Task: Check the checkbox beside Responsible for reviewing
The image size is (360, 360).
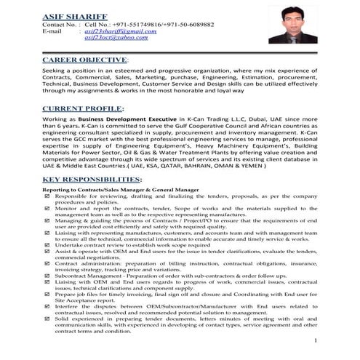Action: click(x=48, y=197)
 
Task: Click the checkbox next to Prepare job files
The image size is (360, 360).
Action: click(x=48, y=303)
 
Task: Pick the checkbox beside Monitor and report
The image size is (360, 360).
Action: click(x=48, y=208)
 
